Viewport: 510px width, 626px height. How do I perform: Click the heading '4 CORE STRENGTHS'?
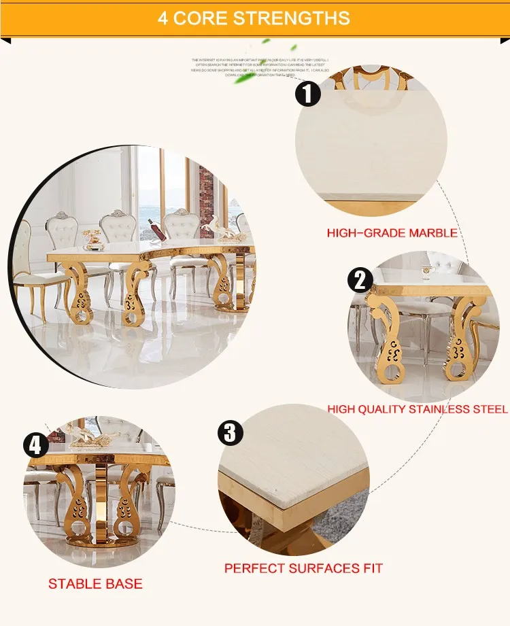click(x=254, y=18)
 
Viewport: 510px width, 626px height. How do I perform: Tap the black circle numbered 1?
click(x=308, y=93)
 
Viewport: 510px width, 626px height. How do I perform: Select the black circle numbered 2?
click(x=360, y=280)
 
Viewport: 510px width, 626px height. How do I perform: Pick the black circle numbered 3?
click(x=231, y=433)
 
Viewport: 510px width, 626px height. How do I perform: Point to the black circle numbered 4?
click(x=35, y=446)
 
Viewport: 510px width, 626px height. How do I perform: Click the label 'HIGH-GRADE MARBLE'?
click(x=392, y=233)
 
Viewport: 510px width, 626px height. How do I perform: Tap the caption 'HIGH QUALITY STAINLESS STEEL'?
click(x=417, y=409)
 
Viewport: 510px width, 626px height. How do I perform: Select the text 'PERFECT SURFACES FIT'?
click(x=303, y=568)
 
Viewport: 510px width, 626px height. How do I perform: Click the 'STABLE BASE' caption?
click(x=95, y=584)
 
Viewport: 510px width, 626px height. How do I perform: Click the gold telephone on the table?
click(x=92, y=238)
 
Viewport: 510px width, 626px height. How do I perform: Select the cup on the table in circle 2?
click(x=428, y=271)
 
